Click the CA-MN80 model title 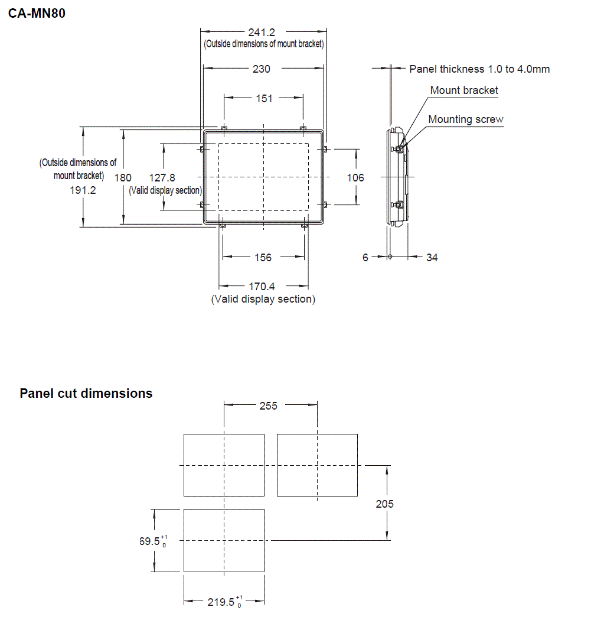[37, 13]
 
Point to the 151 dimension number [264, 99]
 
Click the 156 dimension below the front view [263, 257]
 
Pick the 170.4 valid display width [263, 287]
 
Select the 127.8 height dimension [162, 177]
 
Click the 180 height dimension [123, 177]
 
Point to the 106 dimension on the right [355, 177]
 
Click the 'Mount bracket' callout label [463, 90]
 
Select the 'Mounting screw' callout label [466, 119]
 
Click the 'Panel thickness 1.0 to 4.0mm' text [479, 69]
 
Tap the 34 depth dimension [432, 258]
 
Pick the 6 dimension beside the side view [365, 258]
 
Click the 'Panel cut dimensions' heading [86, 394]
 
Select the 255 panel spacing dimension [268, 405]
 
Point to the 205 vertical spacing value [384, 504]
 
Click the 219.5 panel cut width [221, 602]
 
